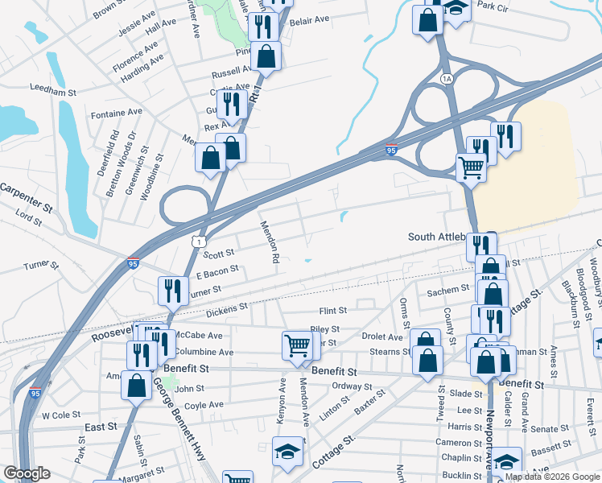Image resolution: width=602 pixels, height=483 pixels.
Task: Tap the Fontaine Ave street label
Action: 118,112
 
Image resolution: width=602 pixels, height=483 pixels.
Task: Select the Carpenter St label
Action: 27,197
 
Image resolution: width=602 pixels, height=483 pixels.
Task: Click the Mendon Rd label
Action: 270,243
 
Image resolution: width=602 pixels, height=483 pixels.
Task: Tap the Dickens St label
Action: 228,308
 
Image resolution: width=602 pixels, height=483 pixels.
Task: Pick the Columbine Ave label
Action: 204,352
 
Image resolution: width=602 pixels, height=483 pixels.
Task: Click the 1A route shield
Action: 446,78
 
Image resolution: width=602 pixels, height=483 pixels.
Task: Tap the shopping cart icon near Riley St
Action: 297,346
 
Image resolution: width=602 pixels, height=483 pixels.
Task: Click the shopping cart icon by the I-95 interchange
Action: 471,167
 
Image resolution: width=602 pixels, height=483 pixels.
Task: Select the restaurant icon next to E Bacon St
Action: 172,290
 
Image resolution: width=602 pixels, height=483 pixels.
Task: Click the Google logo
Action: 27,473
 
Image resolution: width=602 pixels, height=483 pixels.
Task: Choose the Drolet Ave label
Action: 381,337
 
